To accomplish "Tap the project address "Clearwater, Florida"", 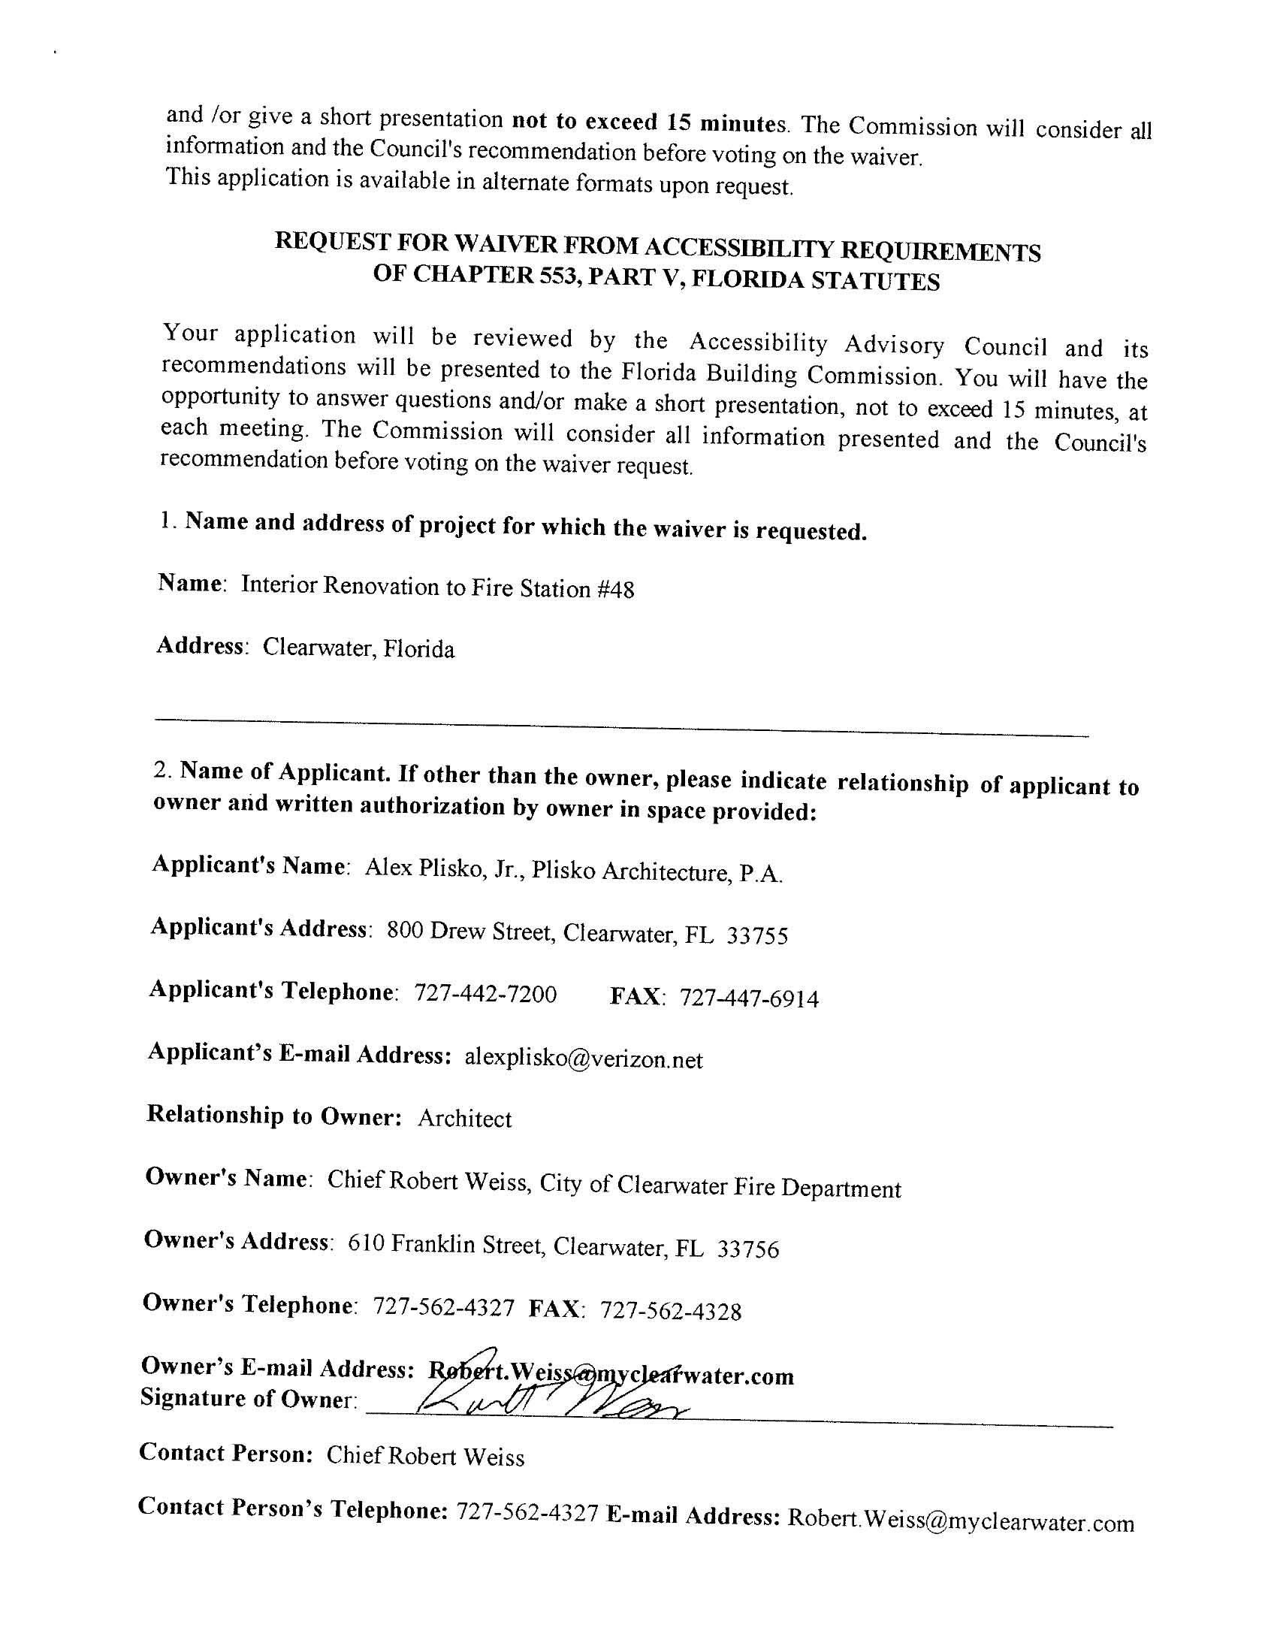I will pos(358,648).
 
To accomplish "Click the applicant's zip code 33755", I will pos(757,937).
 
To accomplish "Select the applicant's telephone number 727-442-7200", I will pos(486,994).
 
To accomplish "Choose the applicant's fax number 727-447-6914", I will pos(749,998).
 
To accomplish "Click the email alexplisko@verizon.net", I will pos(583,1059).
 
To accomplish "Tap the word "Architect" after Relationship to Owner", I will pos(464,1119).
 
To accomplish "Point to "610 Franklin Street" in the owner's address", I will pos(446,1243).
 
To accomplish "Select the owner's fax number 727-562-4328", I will pos(670,1311).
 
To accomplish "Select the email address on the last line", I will pos(961,1521).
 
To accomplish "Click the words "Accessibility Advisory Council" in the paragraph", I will pos(868,344).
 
